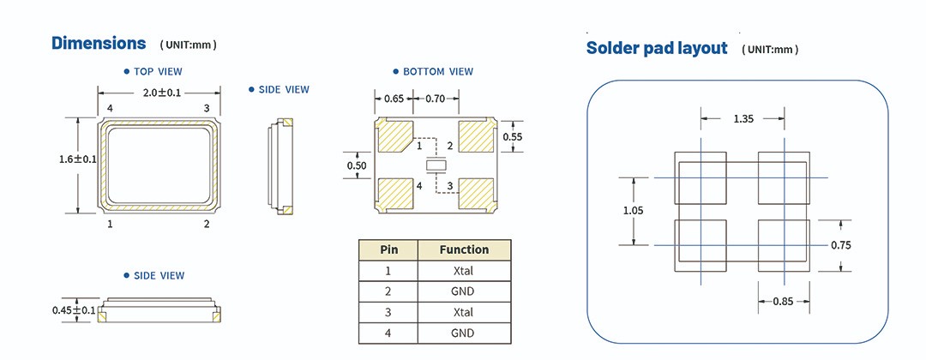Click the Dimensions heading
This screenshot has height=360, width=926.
point(99,43)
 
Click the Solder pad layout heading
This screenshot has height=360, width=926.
point(656,48)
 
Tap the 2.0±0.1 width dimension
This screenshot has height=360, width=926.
point(159,93)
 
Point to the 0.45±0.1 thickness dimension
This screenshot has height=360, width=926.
point(74,309)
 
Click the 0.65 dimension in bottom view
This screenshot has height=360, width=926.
point(394,99)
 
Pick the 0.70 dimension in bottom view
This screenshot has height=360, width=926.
point(441,99)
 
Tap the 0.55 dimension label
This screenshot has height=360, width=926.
point(512,136)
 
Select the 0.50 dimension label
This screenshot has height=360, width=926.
point(356,165)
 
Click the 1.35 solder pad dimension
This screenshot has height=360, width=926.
point(743,119)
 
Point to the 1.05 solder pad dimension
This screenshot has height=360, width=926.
point(633,210)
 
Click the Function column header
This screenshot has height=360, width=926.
point(464,250)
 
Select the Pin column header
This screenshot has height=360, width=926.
point(388,250)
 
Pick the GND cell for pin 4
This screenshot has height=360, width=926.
point(464,333)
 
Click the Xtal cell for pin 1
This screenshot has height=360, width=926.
point(464,271)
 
